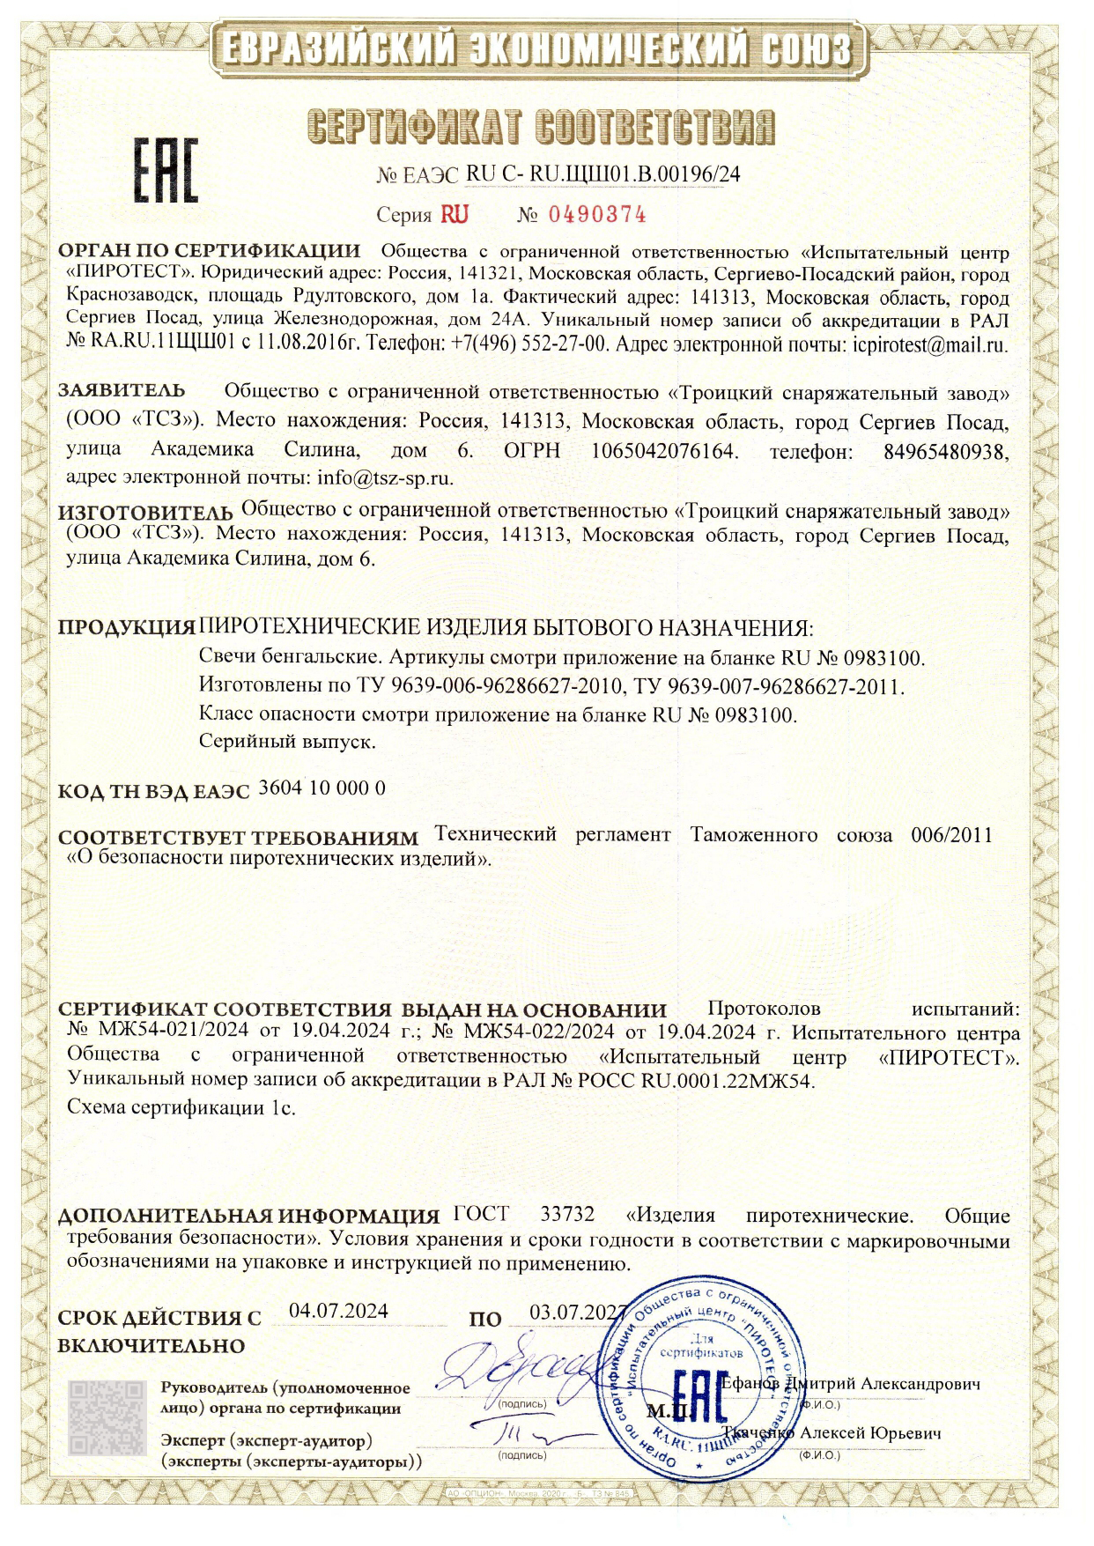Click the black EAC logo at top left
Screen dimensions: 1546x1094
[x=166, y=171]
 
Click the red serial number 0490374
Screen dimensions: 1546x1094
[x=597, y=214]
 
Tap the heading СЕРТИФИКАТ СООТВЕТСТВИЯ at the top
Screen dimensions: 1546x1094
[x=543, y=128]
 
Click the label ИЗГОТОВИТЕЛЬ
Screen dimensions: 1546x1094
[x=145, y=512]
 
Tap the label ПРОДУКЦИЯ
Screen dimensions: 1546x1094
[x=126, y=629]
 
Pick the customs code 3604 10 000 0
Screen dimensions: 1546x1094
[x=323, y=788]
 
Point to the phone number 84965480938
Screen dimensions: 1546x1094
[x=944, y=452]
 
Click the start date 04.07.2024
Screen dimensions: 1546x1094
[x=338, y=1310]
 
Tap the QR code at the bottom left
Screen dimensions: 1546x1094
[x=108, y=1418]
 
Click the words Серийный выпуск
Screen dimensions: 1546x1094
[x=288, y=742]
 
